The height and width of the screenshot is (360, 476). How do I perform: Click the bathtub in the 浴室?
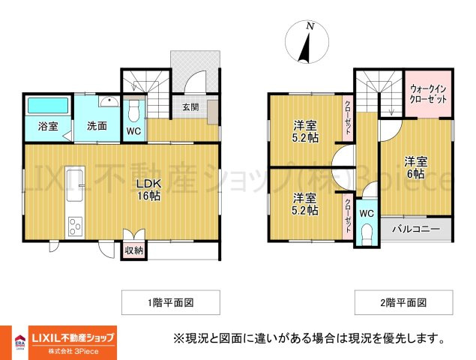[48, 106]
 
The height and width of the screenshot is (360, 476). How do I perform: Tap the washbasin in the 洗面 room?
[109, 101]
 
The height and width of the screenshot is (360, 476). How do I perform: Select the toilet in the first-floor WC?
[133, 110]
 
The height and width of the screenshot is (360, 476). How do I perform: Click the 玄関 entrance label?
[190, 107]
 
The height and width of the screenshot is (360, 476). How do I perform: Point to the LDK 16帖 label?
[148, 190]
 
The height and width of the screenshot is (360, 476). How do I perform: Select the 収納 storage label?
[134, 251]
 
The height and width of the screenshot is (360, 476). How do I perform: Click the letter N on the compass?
[310, 26]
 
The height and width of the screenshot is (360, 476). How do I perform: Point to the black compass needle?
[304, 48]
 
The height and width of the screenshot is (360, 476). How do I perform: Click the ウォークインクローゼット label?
[428, 94]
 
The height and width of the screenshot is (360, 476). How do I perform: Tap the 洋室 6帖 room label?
[415, 168]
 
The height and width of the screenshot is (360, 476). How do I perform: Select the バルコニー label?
[416, 229]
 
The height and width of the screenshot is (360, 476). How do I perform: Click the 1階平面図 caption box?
[171, 302]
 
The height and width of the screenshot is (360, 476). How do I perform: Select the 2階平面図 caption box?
[404, 302]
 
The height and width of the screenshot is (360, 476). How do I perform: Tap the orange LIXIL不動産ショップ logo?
[73, 343]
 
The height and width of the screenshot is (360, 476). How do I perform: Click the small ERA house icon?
[20, 340]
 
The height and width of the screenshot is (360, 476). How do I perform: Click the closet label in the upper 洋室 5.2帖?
[348, 118]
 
